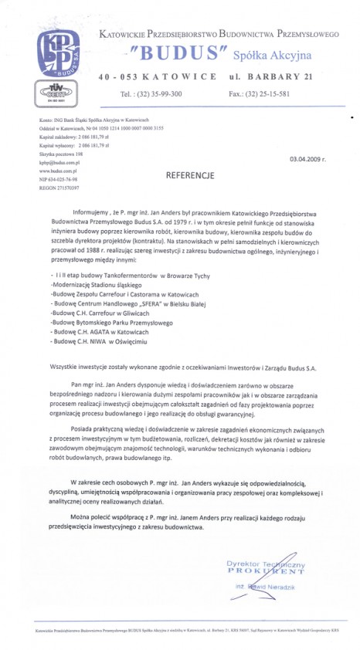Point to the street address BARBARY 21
point(269,78)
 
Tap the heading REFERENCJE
point(190,175)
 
